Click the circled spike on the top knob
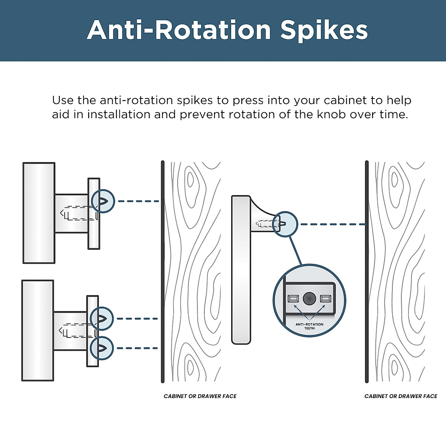[103, 201]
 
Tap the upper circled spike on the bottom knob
[101, 319]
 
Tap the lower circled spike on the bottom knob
[101, 348]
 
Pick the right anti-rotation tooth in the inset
[326, 298]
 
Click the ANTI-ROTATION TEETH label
[309, 326]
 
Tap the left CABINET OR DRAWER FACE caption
[200, 396]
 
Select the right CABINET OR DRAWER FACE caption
[401, 396]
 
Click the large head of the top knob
[39, 213]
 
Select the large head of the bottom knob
[38, 330]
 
